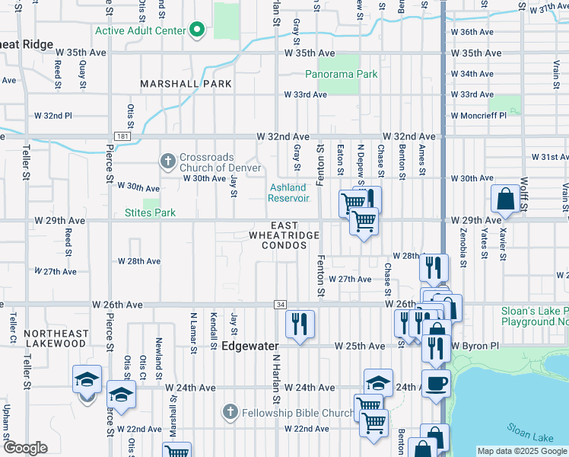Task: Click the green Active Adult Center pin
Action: point(198,30)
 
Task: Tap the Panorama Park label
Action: point(342,75)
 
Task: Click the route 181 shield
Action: point(122,136)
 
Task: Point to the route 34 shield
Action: point(281,305)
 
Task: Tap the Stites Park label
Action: point(150,213)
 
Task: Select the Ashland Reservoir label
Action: point(288,193)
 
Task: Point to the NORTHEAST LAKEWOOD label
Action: point(55,338)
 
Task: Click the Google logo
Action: point(25,448)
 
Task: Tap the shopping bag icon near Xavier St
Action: point(505,200)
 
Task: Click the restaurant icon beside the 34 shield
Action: point(300,324)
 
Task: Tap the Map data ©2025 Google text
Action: point(522,451)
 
